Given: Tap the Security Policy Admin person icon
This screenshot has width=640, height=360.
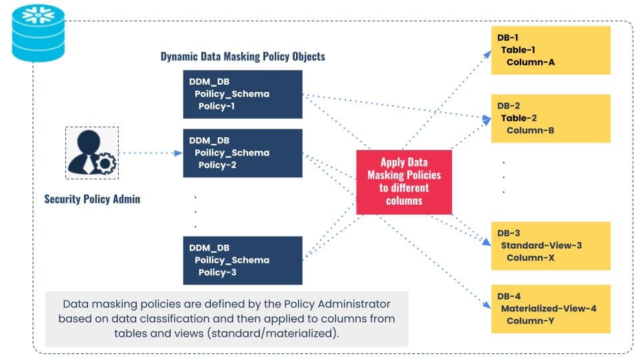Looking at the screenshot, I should [91, 153].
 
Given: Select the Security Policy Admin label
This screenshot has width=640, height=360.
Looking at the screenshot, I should [92, 199].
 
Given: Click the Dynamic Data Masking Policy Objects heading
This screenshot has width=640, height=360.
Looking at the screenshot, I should [243, 56].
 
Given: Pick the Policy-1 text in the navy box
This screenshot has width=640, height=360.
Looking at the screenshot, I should [217, 106].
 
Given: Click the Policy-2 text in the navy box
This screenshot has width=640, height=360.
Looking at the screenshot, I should [217, 165].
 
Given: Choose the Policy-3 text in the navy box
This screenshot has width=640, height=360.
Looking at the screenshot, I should [217, 272].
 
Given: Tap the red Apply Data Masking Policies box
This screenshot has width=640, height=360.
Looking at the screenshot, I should [404, 181].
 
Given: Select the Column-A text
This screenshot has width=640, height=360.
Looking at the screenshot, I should [531, 62].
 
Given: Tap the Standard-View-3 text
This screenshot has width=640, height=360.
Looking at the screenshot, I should [541, 245].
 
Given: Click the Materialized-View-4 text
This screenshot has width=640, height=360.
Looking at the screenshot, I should [548, 308].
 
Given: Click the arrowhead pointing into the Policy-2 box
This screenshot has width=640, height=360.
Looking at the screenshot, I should [178, 153].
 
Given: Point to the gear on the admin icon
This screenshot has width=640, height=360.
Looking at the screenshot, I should [106, 163].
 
